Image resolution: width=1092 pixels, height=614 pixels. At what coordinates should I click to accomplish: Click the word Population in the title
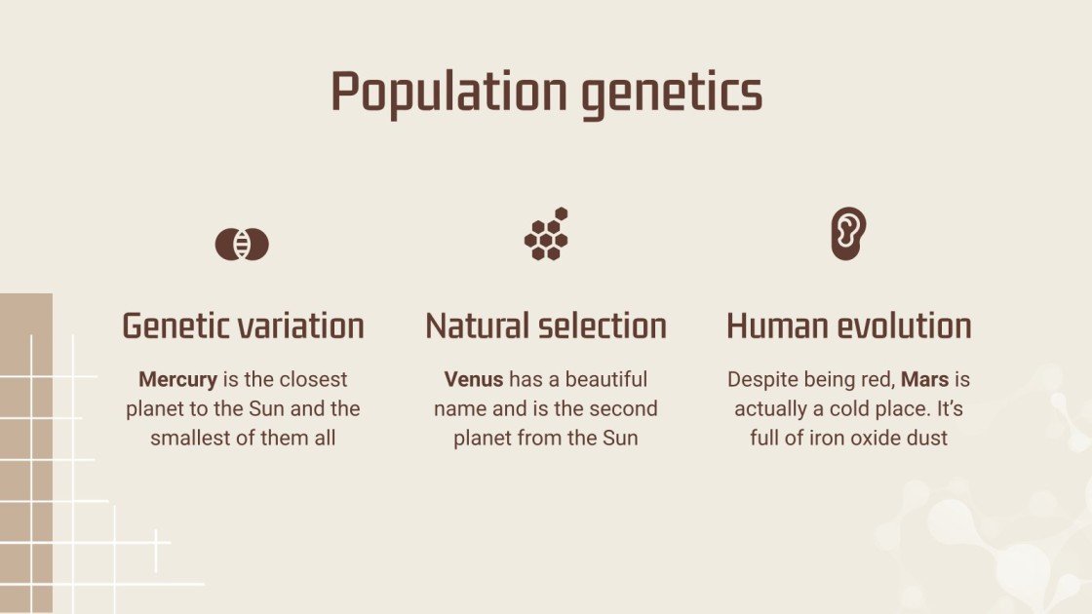tap(448, 93)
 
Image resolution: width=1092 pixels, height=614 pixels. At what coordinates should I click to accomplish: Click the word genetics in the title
tap(672, 93)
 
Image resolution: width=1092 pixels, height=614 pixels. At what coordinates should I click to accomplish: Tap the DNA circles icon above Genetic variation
tap(242, 244)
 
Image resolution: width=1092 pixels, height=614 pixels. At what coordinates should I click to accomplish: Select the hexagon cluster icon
tap(546, 234)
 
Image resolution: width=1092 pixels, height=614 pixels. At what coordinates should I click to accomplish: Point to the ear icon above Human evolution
tap(848, 233)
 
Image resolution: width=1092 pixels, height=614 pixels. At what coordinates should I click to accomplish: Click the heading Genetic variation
tap(243, 326)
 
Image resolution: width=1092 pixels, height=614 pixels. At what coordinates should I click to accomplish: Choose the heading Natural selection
tap(546, 326)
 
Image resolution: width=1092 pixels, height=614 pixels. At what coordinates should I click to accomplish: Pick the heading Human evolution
tap(848, 326)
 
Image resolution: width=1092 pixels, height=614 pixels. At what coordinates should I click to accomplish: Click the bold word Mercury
tap(177, 379)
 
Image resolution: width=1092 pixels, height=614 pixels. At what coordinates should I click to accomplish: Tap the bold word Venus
tap(474, 379)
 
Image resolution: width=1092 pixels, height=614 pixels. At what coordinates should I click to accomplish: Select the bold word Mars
tap(924, 379)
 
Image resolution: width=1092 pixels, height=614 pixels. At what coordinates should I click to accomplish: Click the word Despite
tap(760, 379)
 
